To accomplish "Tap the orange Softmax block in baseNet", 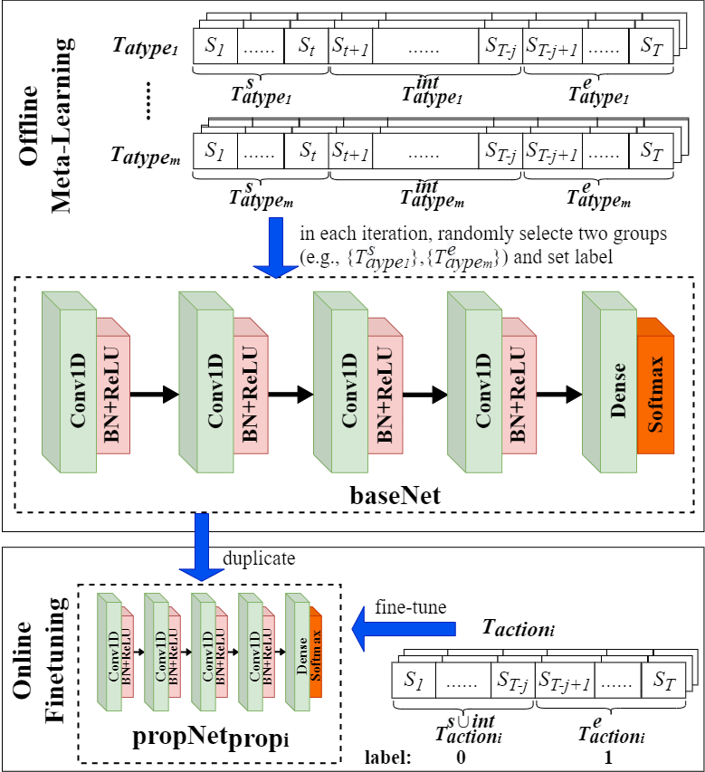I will (x=656, y=387).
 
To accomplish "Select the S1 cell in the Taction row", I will (x=413, y=679).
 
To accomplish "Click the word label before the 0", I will (x=388, y=757).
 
